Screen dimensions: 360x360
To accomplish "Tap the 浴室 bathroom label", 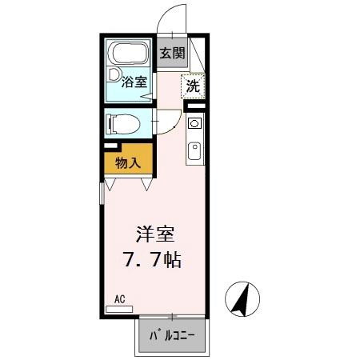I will [x=134, y=81].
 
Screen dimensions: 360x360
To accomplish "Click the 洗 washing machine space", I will [x=193, y=86].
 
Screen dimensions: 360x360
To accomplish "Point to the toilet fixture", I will [x=122, y=124].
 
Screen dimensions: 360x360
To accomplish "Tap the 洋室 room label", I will [x=156, y=235].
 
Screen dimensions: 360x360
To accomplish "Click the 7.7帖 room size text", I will [x=156, y=260].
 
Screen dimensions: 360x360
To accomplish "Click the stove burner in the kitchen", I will [x=194, y=124].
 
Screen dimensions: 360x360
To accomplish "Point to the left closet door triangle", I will [x=111, y=184].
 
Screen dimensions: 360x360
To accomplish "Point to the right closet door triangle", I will [x=147, y=184].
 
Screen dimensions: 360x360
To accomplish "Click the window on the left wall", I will [x=102, y=195].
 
